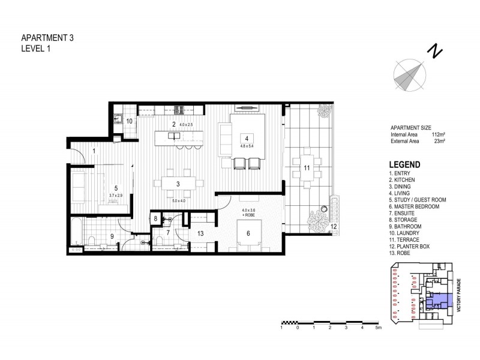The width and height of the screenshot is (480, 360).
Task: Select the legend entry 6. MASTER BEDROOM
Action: pos(414,206)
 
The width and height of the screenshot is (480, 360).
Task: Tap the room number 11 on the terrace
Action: pos(306,168)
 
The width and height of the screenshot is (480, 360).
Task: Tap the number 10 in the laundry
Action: pos(129,121)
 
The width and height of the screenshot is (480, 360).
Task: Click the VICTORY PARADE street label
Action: pos(458,294)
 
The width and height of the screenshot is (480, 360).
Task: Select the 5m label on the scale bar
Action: pos(378,328)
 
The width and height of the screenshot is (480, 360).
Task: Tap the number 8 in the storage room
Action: pos(155,219)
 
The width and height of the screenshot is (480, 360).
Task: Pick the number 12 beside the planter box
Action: pos(334,226)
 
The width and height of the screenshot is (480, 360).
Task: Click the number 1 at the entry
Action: pos(94,151)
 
